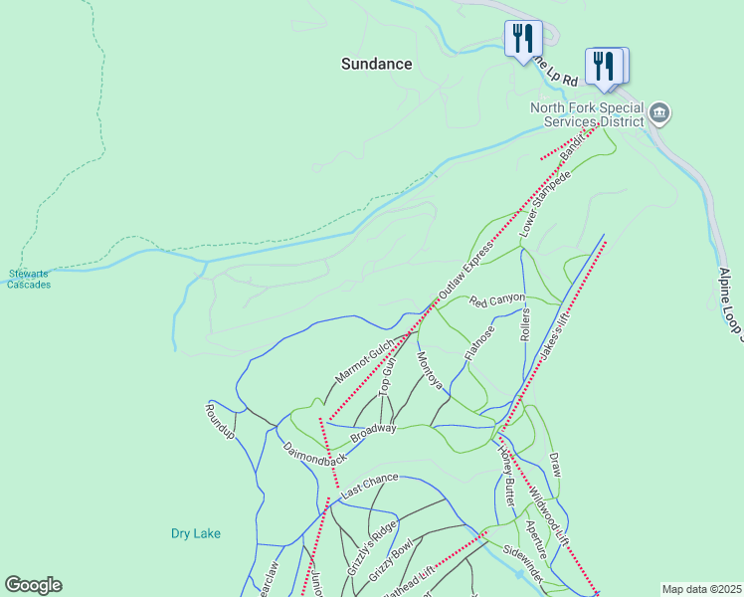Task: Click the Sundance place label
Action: tap(376, 64)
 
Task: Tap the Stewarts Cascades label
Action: tap(29, 279)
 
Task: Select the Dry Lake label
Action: tap(195, 533)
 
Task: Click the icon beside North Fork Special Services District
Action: tap(658, 114)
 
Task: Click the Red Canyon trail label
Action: tap(496, 299)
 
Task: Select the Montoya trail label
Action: tap(430, 371)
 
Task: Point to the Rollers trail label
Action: tap(525, 324)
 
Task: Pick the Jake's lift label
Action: tap(554, 340)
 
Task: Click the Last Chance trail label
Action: tap(369, 487)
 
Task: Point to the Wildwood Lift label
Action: tap(548, 514)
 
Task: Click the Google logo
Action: tap(33, 585)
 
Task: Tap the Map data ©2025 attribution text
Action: tap(701, 589)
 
